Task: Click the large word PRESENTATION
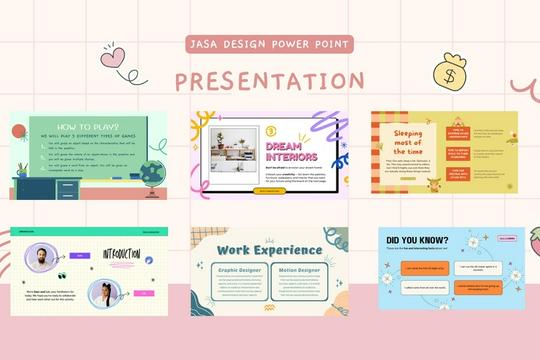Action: point(270,80)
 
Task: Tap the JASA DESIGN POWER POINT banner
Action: point(270,45)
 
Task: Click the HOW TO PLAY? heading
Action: point(89,127)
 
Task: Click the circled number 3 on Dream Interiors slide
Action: point(271,131)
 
